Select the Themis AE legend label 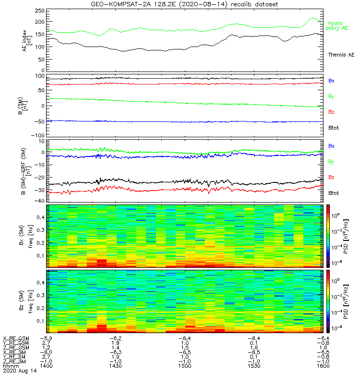click(x=341, y=55)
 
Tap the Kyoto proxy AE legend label click(x=338, y=26)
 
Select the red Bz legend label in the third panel click(x=331, y=178)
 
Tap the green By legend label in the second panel click(x=331, y=96)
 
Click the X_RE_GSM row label click(x=16, y=339)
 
